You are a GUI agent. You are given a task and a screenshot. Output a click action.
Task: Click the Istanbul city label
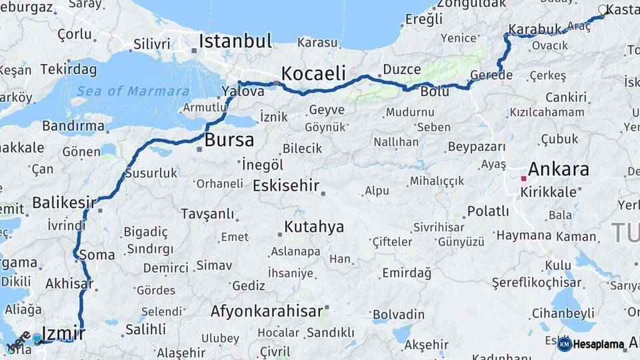235,41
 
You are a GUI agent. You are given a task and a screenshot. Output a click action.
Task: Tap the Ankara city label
558,169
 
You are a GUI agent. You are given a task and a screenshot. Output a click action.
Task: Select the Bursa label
229,140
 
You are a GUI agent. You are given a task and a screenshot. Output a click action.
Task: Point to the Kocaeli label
313,73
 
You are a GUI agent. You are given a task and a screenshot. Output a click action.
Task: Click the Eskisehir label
286,186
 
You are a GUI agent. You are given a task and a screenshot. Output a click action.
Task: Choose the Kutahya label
314,227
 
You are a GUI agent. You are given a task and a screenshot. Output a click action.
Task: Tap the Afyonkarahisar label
266,311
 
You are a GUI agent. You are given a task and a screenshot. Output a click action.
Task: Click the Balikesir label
64,202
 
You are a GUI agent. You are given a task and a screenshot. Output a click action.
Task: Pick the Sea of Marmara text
133,91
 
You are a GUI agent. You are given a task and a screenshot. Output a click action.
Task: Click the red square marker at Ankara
523,179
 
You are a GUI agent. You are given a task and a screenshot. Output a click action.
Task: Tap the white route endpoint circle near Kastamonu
603,10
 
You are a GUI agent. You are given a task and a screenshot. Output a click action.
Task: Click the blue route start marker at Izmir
37,339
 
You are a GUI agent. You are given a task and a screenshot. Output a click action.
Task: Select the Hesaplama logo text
598,345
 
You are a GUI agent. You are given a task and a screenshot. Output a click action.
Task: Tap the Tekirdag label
68,69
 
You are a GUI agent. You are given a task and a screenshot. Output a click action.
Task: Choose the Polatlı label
488,211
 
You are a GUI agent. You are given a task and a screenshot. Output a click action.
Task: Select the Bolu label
435,92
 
